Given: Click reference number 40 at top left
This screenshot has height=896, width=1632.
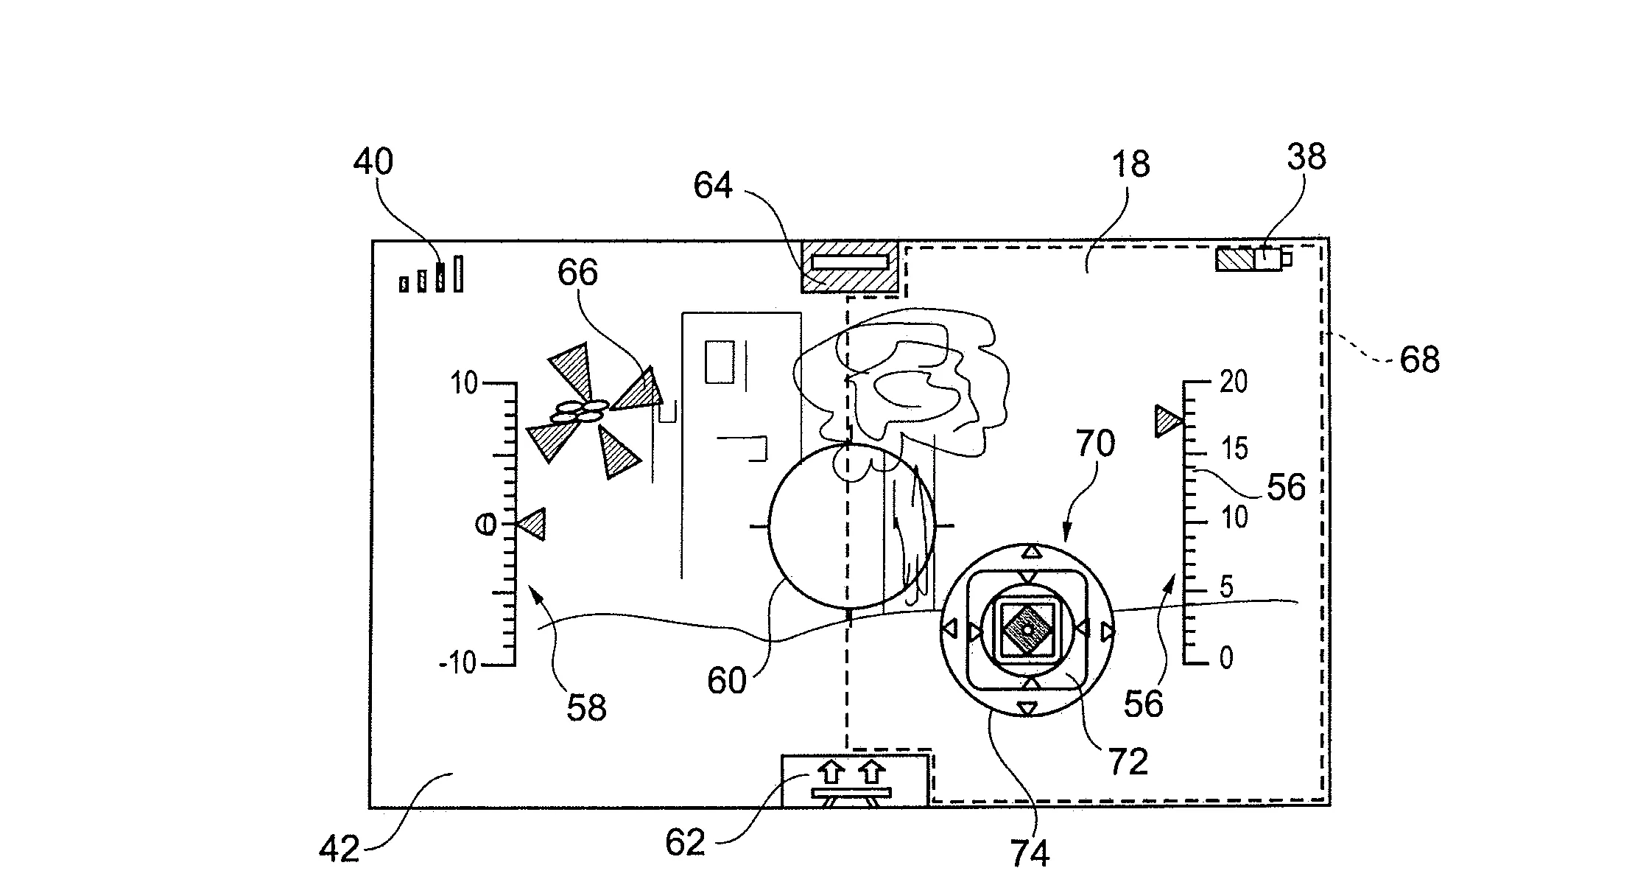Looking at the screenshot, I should [x=373, y=161].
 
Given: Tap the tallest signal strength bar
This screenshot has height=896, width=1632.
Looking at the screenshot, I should [x=458, y=273].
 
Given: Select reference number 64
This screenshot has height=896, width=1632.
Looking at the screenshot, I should [x=713, y=186].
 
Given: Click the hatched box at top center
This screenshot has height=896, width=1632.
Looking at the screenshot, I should [x=850, y=266].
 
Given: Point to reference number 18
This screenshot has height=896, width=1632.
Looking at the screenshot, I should [x=1130, y=164].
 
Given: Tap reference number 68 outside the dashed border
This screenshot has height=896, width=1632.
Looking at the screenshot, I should [x=1419, y=360].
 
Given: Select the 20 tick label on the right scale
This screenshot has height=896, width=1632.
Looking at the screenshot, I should [x=1234, y=382].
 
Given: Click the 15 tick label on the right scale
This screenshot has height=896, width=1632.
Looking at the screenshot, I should [x=1235, y=448].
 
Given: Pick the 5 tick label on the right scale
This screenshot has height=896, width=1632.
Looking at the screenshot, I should [x=1226, y=587].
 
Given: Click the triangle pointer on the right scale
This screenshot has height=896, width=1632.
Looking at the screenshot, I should [x=1167, y=421].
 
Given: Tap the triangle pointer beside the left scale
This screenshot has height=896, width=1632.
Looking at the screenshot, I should [x=531, y=525].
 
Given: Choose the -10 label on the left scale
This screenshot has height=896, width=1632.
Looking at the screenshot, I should [x=458, y=664].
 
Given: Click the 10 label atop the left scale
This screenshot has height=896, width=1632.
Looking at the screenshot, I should [x=464, y=383].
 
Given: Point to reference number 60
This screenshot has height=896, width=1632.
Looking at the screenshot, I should [x=727, y=681].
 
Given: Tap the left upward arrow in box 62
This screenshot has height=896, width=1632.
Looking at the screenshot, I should [x=831, y=772].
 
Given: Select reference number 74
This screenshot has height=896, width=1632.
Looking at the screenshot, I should [x=1030, y=853].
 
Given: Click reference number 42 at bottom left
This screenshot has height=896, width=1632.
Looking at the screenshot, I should [x=340, y=849].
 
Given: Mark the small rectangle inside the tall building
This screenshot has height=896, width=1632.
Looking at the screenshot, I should [x=720, y=361].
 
